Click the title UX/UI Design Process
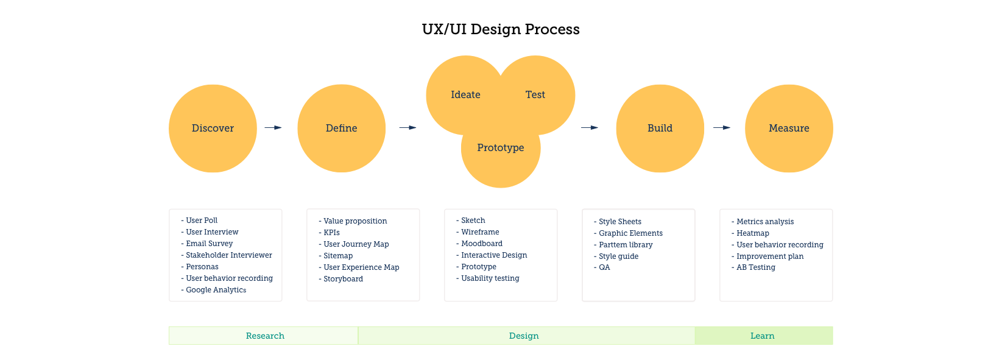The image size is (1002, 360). click(501, 29)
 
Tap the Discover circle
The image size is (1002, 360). click(213, 129)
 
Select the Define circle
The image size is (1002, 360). click(341, 129)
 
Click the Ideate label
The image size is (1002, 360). click(465, 95)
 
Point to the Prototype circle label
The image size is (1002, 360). click(501, 147)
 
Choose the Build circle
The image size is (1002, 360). click(660, 129)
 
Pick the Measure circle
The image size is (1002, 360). click(789, 129)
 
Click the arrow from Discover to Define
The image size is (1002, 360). click(273, 128)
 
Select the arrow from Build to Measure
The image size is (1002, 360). click(722, 128)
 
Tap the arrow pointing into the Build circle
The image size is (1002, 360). click(590, 128)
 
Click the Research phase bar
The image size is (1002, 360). click(264, 336)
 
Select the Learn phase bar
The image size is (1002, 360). click(764, 336)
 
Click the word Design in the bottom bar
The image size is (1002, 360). click(524, 336)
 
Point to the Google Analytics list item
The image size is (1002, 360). click(213, 290)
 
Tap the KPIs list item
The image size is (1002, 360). click(329, 233)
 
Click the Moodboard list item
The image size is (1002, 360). click(479, 244)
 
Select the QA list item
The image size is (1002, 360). click(602, 267)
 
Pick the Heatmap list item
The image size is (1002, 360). click(750, 233)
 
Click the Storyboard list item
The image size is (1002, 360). click(341, 279)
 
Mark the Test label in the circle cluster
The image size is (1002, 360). click(535, 95)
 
